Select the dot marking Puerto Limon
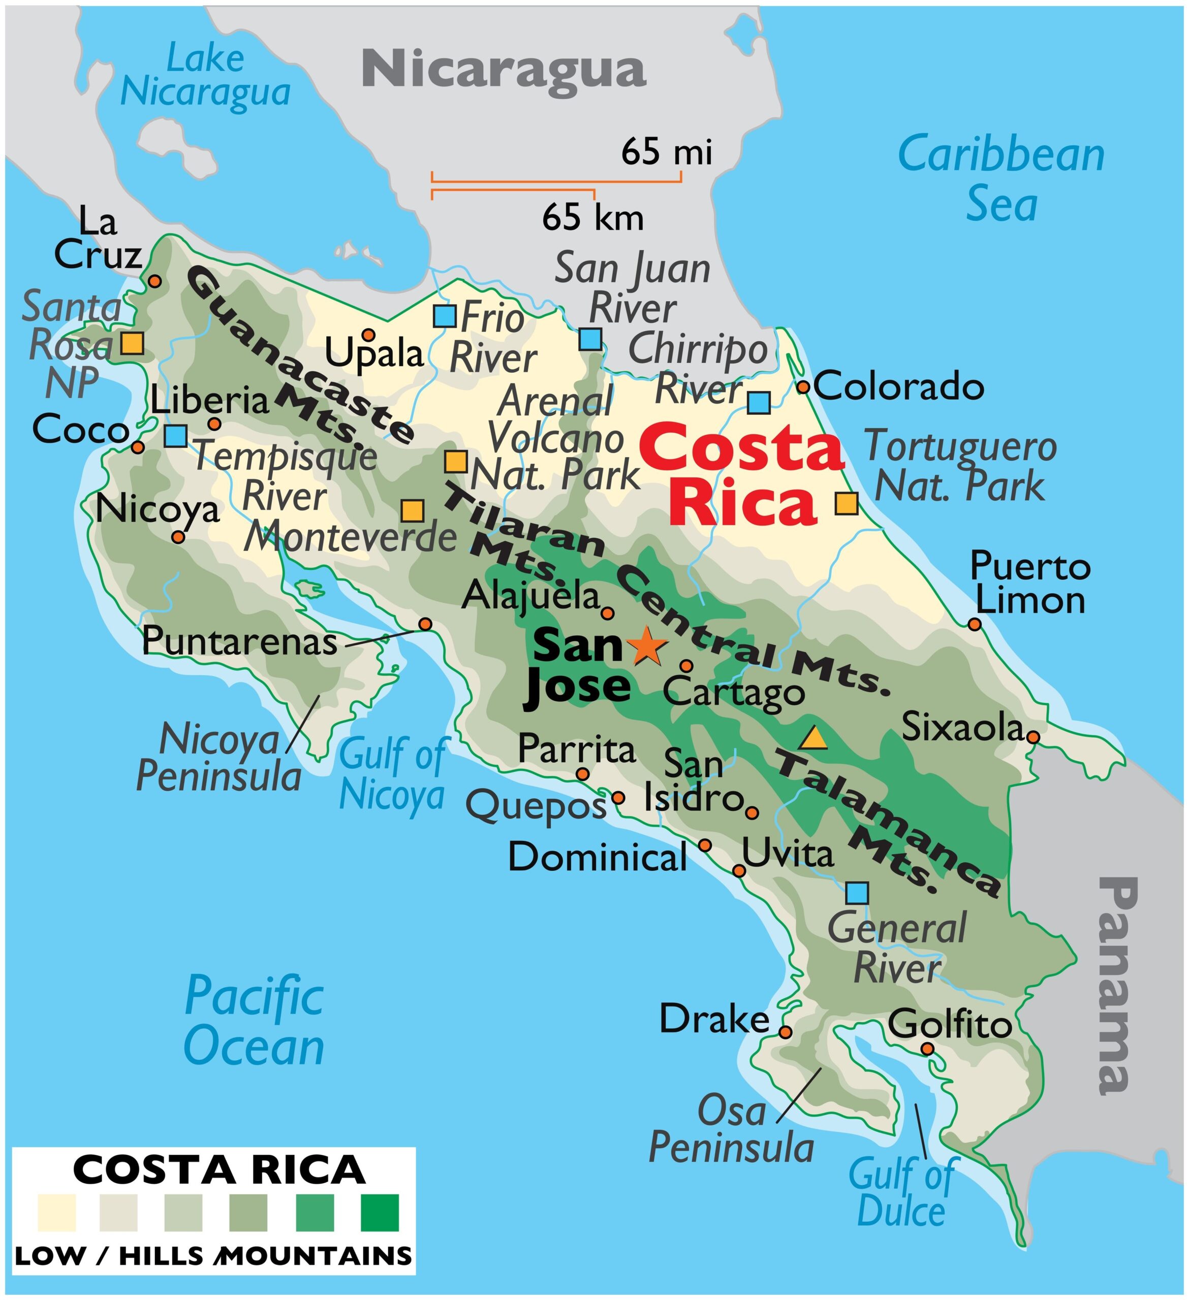[975, 624]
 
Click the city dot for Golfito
[927, 1049]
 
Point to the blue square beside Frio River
[445, 316]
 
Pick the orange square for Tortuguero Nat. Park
[847, 503]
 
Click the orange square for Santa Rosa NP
[132, 343]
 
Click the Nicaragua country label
[503, 70]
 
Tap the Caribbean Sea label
[1002, 179]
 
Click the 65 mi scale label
[667, 153]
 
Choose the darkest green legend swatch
[380, 1213]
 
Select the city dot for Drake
[785, 1032]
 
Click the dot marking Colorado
[803, 387]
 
